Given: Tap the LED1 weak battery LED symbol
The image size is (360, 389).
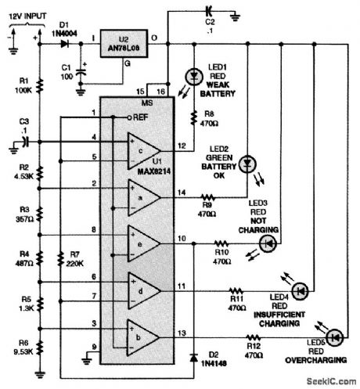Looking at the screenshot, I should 192,77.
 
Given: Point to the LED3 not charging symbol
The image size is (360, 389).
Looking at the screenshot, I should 268,243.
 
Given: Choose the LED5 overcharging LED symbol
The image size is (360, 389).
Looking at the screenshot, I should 336,337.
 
